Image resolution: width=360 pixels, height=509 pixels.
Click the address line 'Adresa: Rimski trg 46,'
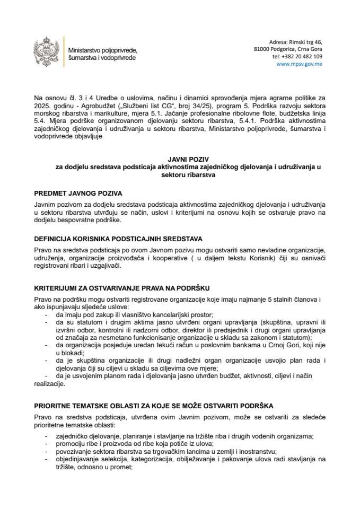coord(295,41)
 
